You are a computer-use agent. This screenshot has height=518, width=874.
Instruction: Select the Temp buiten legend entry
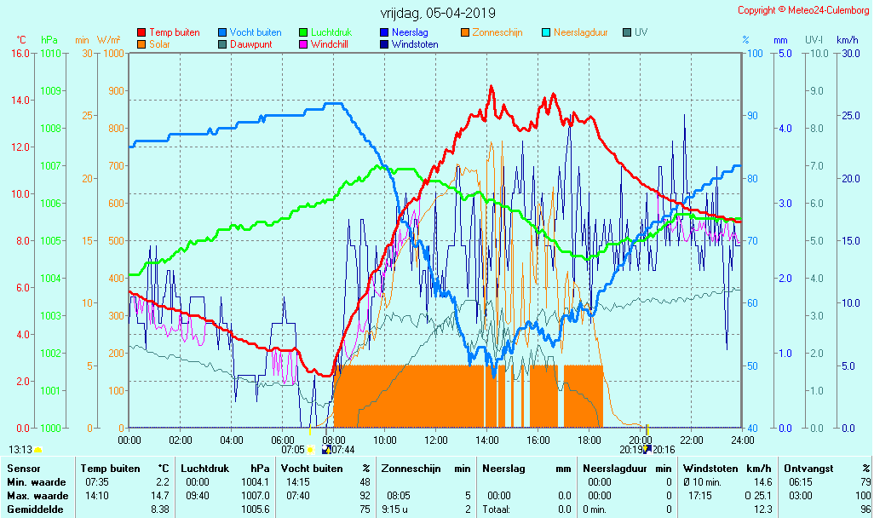tap(174, 32)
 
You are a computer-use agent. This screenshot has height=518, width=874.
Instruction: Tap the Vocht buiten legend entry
tap(255, 32)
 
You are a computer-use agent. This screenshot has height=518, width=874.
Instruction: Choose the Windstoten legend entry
tap(415, 44)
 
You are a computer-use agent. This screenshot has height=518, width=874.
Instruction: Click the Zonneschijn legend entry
tap(497, 32)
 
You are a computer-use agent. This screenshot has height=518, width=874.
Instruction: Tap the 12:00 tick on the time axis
tap(436, 440)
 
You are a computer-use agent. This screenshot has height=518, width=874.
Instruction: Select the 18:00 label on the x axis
tap(589, 440)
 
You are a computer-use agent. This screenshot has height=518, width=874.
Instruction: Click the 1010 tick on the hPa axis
tap(50, 53)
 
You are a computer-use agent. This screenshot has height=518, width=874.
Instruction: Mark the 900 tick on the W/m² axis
tap(115, 90)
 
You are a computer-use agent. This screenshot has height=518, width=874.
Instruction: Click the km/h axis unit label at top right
tap(847, 40)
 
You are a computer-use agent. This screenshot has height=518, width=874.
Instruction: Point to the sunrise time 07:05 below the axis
tap(293, 449)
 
